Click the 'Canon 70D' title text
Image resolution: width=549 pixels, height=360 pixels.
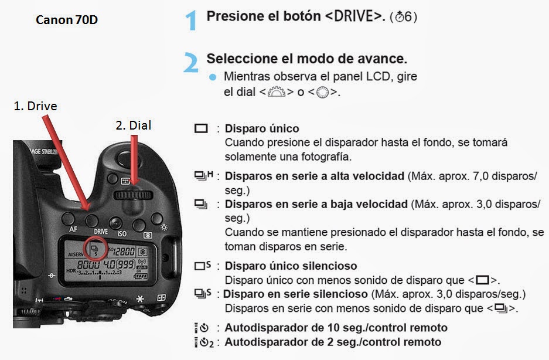tap(67, 20)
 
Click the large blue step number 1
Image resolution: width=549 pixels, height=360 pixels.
tap(190, 21)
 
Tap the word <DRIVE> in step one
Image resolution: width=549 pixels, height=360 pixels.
tap(355, 16)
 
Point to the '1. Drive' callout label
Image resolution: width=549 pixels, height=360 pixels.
tap(35, 106)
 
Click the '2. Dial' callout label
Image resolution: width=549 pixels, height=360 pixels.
tap(134, 125)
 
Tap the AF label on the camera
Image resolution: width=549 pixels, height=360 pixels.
tap(73, 229)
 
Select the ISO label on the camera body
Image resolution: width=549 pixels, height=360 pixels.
tap(122, 233)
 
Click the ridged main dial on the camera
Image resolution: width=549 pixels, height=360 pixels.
tap(133, 195)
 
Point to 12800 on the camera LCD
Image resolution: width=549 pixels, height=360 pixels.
tap(123, 251)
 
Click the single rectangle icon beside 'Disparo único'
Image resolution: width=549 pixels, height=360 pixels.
tap(201, 128)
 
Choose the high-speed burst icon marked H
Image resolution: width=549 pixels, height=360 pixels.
tap(203, 175)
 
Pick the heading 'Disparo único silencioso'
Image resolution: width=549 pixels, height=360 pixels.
tap(291, 266)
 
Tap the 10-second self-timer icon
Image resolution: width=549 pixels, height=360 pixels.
tap(202, 328)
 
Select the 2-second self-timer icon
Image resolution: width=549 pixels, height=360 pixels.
tap(204, 342)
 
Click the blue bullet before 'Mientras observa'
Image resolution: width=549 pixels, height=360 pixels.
tap(213, 77)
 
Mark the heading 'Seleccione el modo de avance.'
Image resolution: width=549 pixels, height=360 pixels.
tap(306, 59)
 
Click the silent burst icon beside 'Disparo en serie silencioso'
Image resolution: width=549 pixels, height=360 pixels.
tap(203, 293)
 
